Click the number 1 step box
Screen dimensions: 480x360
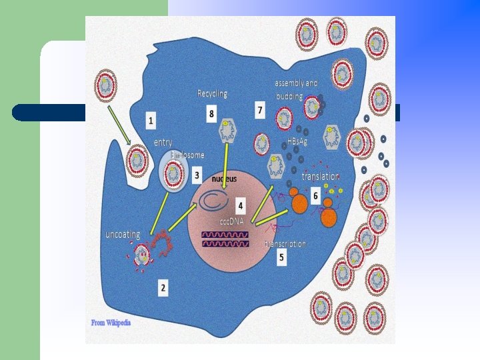[151, 121]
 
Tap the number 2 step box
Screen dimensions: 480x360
[163, 288]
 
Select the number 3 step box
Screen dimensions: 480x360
[197, 176]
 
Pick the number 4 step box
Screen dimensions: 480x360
[240, 205]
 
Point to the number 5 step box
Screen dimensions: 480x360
[282, 258]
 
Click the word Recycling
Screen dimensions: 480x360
[212, 93]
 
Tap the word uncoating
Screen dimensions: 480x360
[123, 235]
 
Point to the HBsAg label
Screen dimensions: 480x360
[297, 142]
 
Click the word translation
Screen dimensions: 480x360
[321, 177]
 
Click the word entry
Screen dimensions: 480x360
[163, 143]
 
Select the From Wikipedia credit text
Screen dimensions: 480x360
[111, 323]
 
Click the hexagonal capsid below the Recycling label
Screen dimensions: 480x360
[227, 131]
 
